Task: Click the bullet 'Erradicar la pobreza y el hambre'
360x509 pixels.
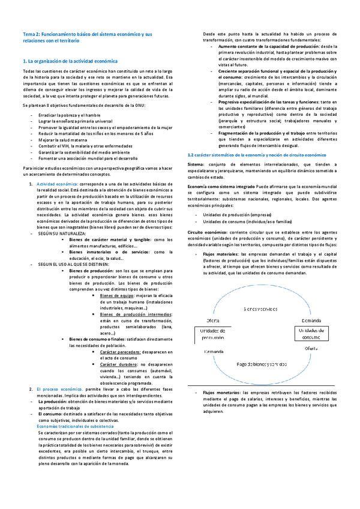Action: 69,114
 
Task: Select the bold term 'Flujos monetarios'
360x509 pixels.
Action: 217,392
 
